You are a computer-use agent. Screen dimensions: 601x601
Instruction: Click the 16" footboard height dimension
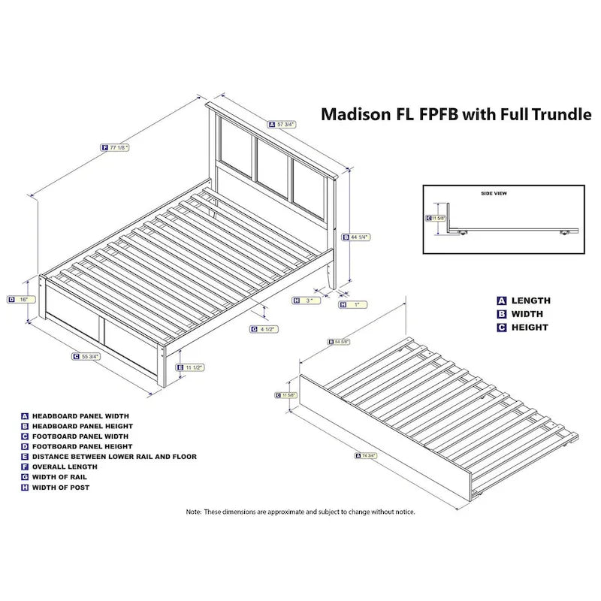pyautogui.click(x=22, y=299)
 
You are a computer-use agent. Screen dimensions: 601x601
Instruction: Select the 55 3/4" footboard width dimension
pyautogui.click(x=88, y=356)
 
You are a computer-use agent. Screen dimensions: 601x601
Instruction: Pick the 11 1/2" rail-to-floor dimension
pyautogui.click(x=190, y=367)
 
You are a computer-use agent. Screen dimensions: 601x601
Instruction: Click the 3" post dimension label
pyautogui.click(x=307, y=300)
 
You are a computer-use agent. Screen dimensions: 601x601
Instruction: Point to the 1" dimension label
pyautogui.click(x=352, y=305)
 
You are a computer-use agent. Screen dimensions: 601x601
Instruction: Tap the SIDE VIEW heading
pyautogui.click(x=494, y=194)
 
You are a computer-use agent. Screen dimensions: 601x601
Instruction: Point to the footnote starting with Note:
pyautogui.click(x=300, y=512)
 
